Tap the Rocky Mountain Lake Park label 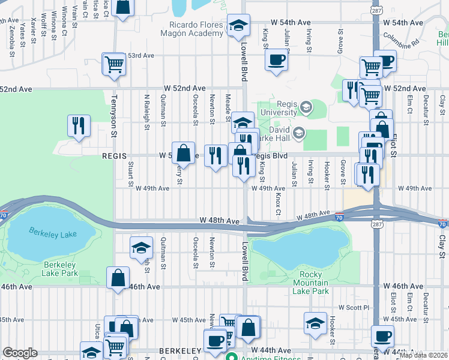pos(310,283)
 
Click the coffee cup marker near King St pos(276,60)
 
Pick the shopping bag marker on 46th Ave pos(118,278)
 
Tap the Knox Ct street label pos(279,204)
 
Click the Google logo pos(20,353)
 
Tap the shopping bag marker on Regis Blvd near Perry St pos(184,153)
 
